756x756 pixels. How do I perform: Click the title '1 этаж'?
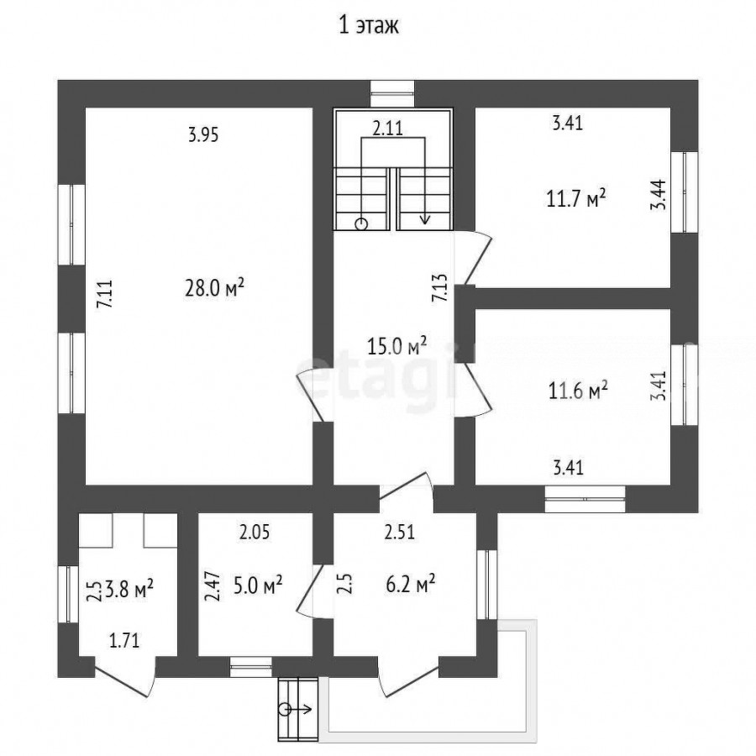(369, 25)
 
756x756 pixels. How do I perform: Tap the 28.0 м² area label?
(214, 288)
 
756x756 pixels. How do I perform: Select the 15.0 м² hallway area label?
(396, 345)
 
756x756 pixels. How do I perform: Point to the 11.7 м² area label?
(576, 197)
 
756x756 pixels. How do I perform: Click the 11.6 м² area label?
(578, 390)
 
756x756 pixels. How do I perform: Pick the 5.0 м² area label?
(258, 585)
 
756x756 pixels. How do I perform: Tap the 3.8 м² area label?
(129, 589)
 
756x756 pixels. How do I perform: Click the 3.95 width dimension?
(203, 134)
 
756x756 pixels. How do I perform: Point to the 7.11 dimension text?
(105, 294)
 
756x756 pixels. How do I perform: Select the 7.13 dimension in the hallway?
(439, 288)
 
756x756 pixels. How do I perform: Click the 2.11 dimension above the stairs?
(387, 129)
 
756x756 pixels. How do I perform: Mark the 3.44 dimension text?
(658, 194)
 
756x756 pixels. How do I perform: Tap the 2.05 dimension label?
(255, 533)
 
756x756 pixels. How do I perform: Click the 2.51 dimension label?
(399, 532)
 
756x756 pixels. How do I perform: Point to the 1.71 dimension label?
(124, 641)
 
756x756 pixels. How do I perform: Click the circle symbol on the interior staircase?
(361, 224)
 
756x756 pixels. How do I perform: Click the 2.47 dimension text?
(213, 585)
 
